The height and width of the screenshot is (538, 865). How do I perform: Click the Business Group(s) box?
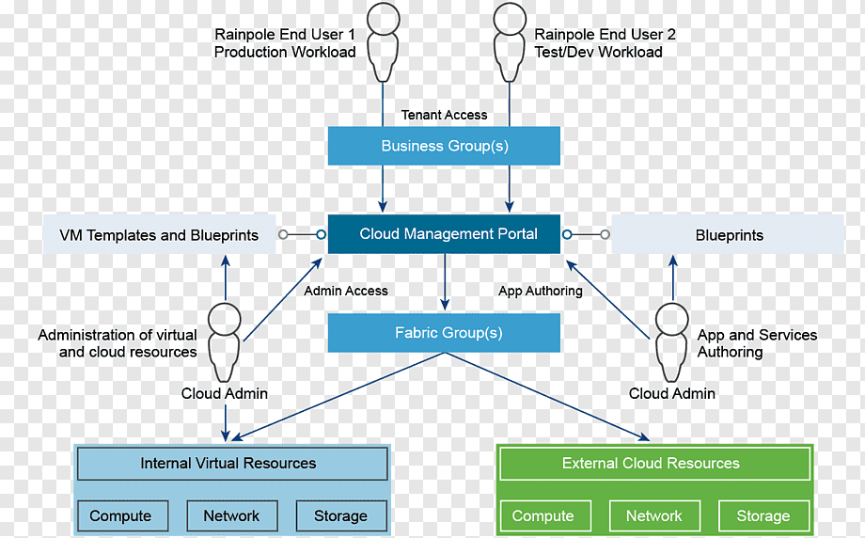444,146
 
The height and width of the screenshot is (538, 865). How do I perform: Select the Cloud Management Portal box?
444,234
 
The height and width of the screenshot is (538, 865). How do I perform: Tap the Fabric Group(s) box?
444,333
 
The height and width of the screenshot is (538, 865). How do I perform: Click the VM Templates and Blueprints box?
160,234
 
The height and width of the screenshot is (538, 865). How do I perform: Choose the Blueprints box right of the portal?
728,234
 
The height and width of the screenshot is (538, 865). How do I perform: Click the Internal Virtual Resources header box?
232,464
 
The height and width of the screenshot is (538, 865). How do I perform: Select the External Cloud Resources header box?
654,464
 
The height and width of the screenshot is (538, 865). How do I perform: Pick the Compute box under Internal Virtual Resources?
122,516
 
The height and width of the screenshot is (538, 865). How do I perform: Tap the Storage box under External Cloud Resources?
764,516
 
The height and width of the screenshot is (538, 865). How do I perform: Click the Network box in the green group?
654,516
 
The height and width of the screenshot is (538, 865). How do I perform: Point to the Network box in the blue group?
232,516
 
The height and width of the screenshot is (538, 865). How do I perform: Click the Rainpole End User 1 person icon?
383,42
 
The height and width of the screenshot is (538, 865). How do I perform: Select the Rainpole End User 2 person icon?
510,42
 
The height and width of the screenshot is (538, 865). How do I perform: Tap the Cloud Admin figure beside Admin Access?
224,342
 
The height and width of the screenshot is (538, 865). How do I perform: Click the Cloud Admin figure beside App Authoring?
672,342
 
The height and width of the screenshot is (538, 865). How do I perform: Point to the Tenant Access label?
444,115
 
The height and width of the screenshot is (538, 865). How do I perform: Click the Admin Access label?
346,291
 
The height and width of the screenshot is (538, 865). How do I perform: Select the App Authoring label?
541,291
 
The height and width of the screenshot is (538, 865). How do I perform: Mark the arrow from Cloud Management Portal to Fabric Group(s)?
445,281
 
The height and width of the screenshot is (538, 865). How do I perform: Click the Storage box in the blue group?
341,516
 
